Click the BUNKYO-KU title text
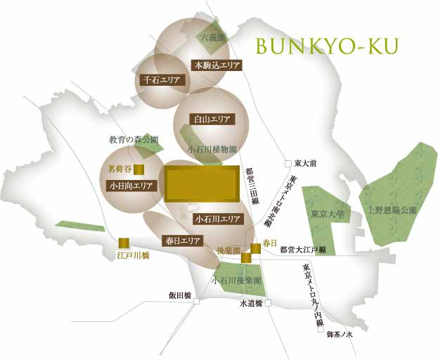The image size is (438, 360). coord(327,46)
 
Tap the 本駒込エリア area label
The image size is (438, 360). coord(217,65)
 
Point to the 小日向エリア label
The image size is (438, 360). coord(130,186)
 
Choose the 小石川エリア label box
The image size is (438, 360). coord(219,219)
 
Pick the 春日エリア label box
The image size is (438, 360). coord(182,240)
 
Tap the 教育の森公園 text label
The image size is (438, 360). coord(134,139)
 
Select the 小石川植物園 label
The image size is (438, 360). coord(212,150)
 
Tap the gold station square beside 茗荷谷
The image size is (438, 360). coord(139,169)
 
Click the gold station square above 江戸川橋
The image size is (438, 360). coord(124,243)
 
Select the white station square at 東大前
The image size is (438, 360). coord(288,164)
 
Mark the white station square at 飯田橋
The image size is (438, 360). coord(198,302)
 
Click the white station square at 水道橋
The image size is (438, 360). coord(268,304)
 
